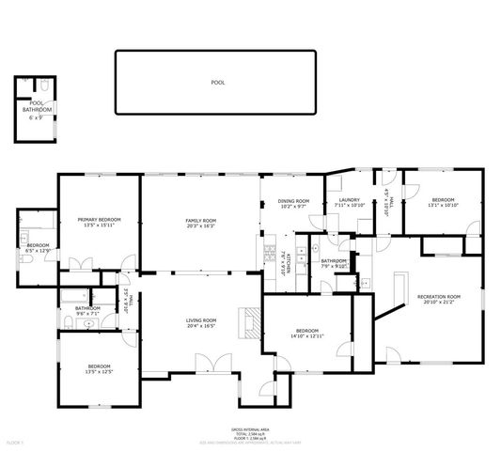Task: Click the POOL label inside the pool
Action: [x=218, y=83]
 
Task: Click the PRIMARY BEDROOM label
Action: [x=99, y=219]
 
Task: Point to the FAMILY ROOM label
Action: [x=200, y=219]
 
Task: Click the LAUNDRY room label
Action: [x=351, y=199]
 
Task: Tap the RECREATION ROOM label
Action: [x=442, y=297]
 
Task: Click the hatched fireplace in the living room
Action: [x=250, y=321]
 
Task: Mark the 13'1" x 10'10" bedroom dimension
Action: [x=443, y=205]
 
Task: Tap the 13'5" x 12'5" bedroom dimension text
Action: [x=100, y=371]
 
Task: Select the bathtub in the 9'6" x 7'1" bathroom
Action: [x=71, y=299]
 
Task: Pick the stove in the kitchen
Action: [x=269, y=254]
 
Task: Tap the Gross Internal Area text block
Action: [x=250, y=432]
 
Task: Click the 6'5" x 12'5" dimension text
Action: [x=38, y=251]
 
